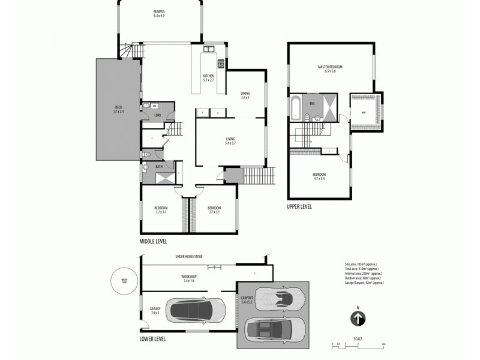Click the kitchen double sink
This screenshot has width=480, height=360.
(x=209, y=49)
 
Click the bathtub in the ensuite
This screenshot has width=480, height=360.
(x=296, y=107)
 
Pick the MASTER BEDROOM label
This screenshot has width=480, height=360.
(x=330, y=68)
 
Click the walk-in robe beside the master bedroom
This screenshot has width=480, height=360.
(x=364, y=112)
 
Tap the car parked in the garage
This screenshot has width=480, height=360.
(x=197, y=310)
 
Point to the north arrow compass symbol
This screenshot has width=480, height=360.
(x=358, y=318)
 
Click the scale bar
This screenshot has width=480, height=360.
(x=358, y=344)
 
